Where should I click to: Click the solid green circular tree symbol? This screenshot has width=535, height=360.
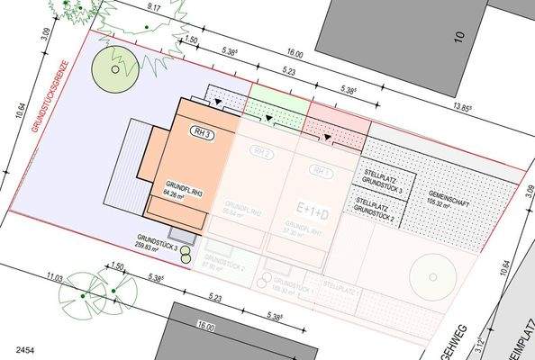(x=116, y=67)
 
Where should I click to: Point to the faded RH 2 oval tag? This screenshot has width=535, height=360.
(x=262, y=154)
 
